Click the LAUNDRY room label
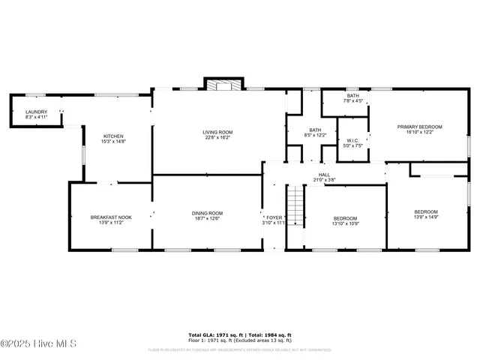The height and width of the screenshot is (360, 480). pos(36,112)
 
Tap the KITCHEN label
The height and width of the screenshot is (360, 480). pos(113,136)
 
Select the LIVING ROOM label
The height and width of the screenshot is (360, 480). pos(217,133)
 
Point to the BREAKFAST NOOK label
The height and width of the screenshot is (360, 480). pos(111,217)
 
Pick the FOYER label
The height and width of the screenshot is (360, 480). pos(274,217)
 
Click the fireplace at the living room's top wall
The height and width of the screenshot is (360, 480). pos(220,85)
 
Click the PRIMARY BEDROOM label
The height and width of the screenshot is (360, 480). pos(419,127)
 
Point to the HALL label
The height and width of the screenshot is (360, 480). pos(325,174)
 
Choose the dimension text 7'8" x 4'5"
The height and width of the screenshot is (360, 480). pos(352,100)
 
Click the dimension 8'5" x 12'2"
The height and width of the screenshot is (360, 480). pos(316,135)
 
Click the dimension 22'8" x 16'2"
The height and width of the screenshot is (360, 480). pos(217,138)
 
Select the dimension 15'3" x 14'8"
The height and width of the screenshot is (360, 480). pos(113,141)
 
